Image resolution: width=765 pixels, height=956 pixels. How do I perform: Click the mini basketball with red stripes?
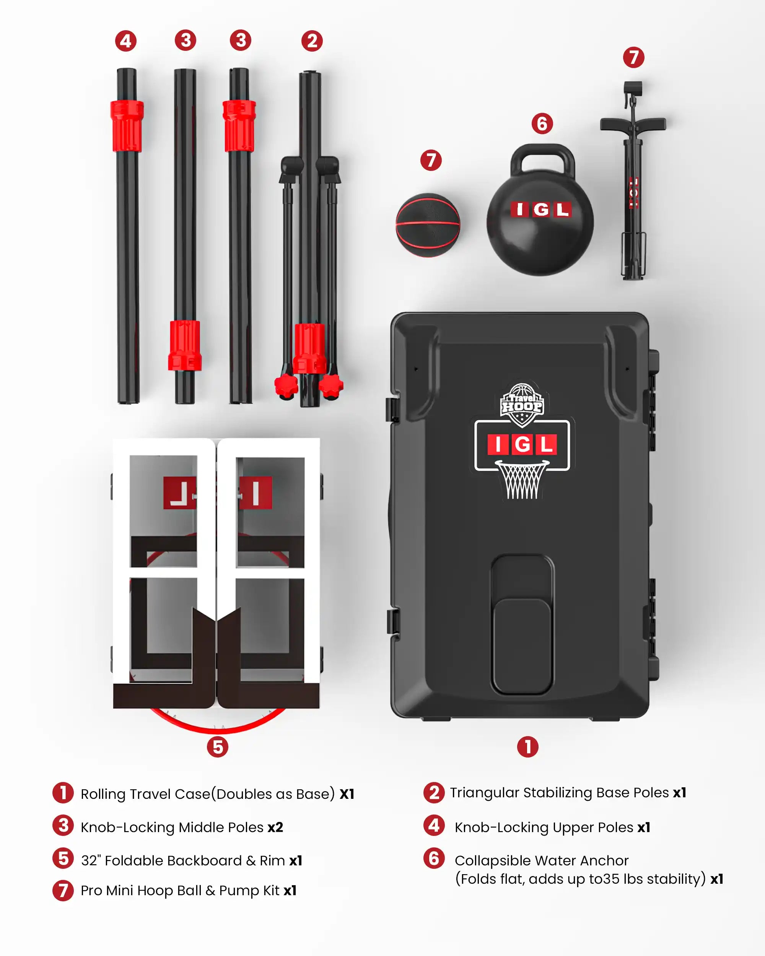[x=428, y=225]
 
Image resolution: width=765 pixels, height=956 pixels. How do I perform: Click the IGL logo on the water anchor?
[x=540, y=209]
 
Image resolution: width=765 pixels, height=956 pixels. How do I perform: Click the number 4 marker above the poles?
[x=126, y=41]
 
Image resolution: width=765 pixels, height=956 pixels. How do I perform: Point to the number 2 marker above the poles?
[x=312, y=41]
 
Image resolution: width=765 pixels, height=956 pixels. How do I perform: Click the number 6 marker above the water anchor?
[x=542, y=124]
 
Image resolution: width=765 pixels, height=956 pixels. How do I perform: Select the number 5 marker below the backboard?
[x=218, y=747]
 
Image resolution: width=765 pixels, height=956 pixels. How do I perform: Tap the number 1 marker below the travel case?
[x=528, y=747]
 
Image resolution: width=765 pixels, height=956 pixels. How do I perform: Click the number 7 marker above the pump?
[x=633, y=58]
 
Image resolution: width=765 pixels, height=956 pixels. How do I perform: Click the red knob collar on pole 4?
[x=127, y=126]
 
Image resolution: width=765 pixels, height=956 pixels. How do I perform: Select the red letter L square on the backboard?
[x=179, y=493]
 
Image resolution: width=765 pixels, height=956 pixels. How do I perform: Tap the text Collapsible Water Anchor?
[x=542, y=860]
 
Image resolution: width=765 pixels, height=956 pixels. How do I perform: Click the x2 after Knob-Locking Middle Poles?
[x=275, y=827]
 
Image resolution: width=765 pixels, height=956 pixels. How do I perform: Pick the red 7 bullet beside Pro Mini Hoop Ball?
[x=63, y=890]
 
